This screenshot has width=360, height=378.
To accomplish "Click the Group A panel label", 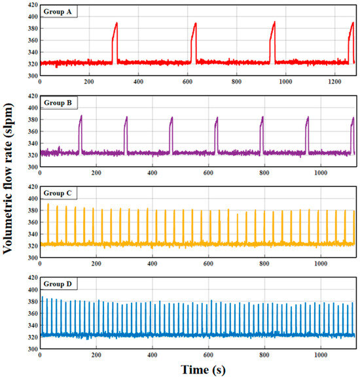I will coord(60,12).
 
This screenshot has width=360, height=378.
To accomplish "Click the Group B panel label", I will coord(60,103).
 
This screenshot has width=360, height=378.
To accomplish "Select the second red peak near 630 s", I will coord(194,24).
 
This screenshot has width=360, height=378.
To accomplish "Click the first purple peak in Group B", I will coord(81,116).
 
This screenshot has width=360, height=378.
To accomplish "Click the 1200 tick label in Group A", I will coord(334,82).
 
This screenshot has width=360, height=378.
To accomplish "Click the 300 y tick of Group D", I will coord(30,349).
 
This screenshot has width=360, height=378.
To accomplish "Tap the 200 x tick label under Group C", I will coord(96,264).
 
